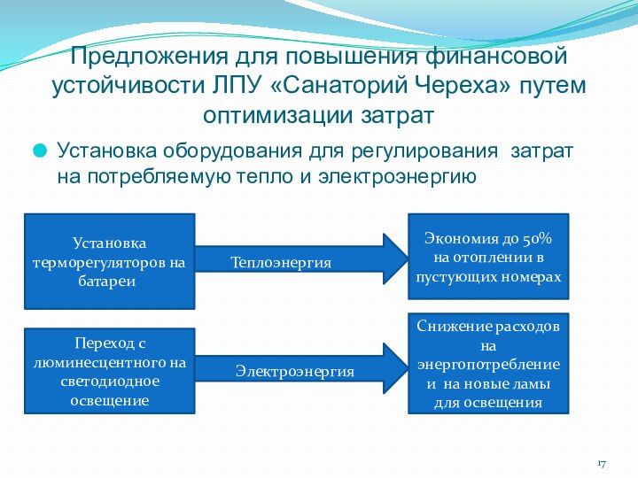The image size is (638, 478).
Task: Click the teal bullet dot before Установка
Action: pyautogui.click(x=41, y=151)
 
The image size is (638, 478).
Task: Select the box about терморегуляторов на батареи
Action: pyautogui.click(x=109, y=261)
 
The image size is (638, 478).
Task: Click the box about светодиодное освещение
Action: pyautogui.click(x=109, y=371)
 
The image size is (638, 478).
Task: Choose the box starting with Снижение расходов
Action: pyautogui.click(x=488, y=363)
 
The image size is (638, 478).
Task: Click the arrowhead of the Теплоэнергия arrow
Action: pyautogui.click(x=395, y=258)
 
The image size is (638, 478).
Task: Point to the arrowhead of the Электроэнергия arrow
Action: pyautogui.click(x=395, y=368)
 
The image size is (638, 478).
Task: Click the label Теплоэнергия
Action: pyautogui.click(x=281, y=263)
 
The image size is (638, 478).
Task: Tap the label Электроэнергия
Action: pyautogui.click(x=294, y=373)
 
